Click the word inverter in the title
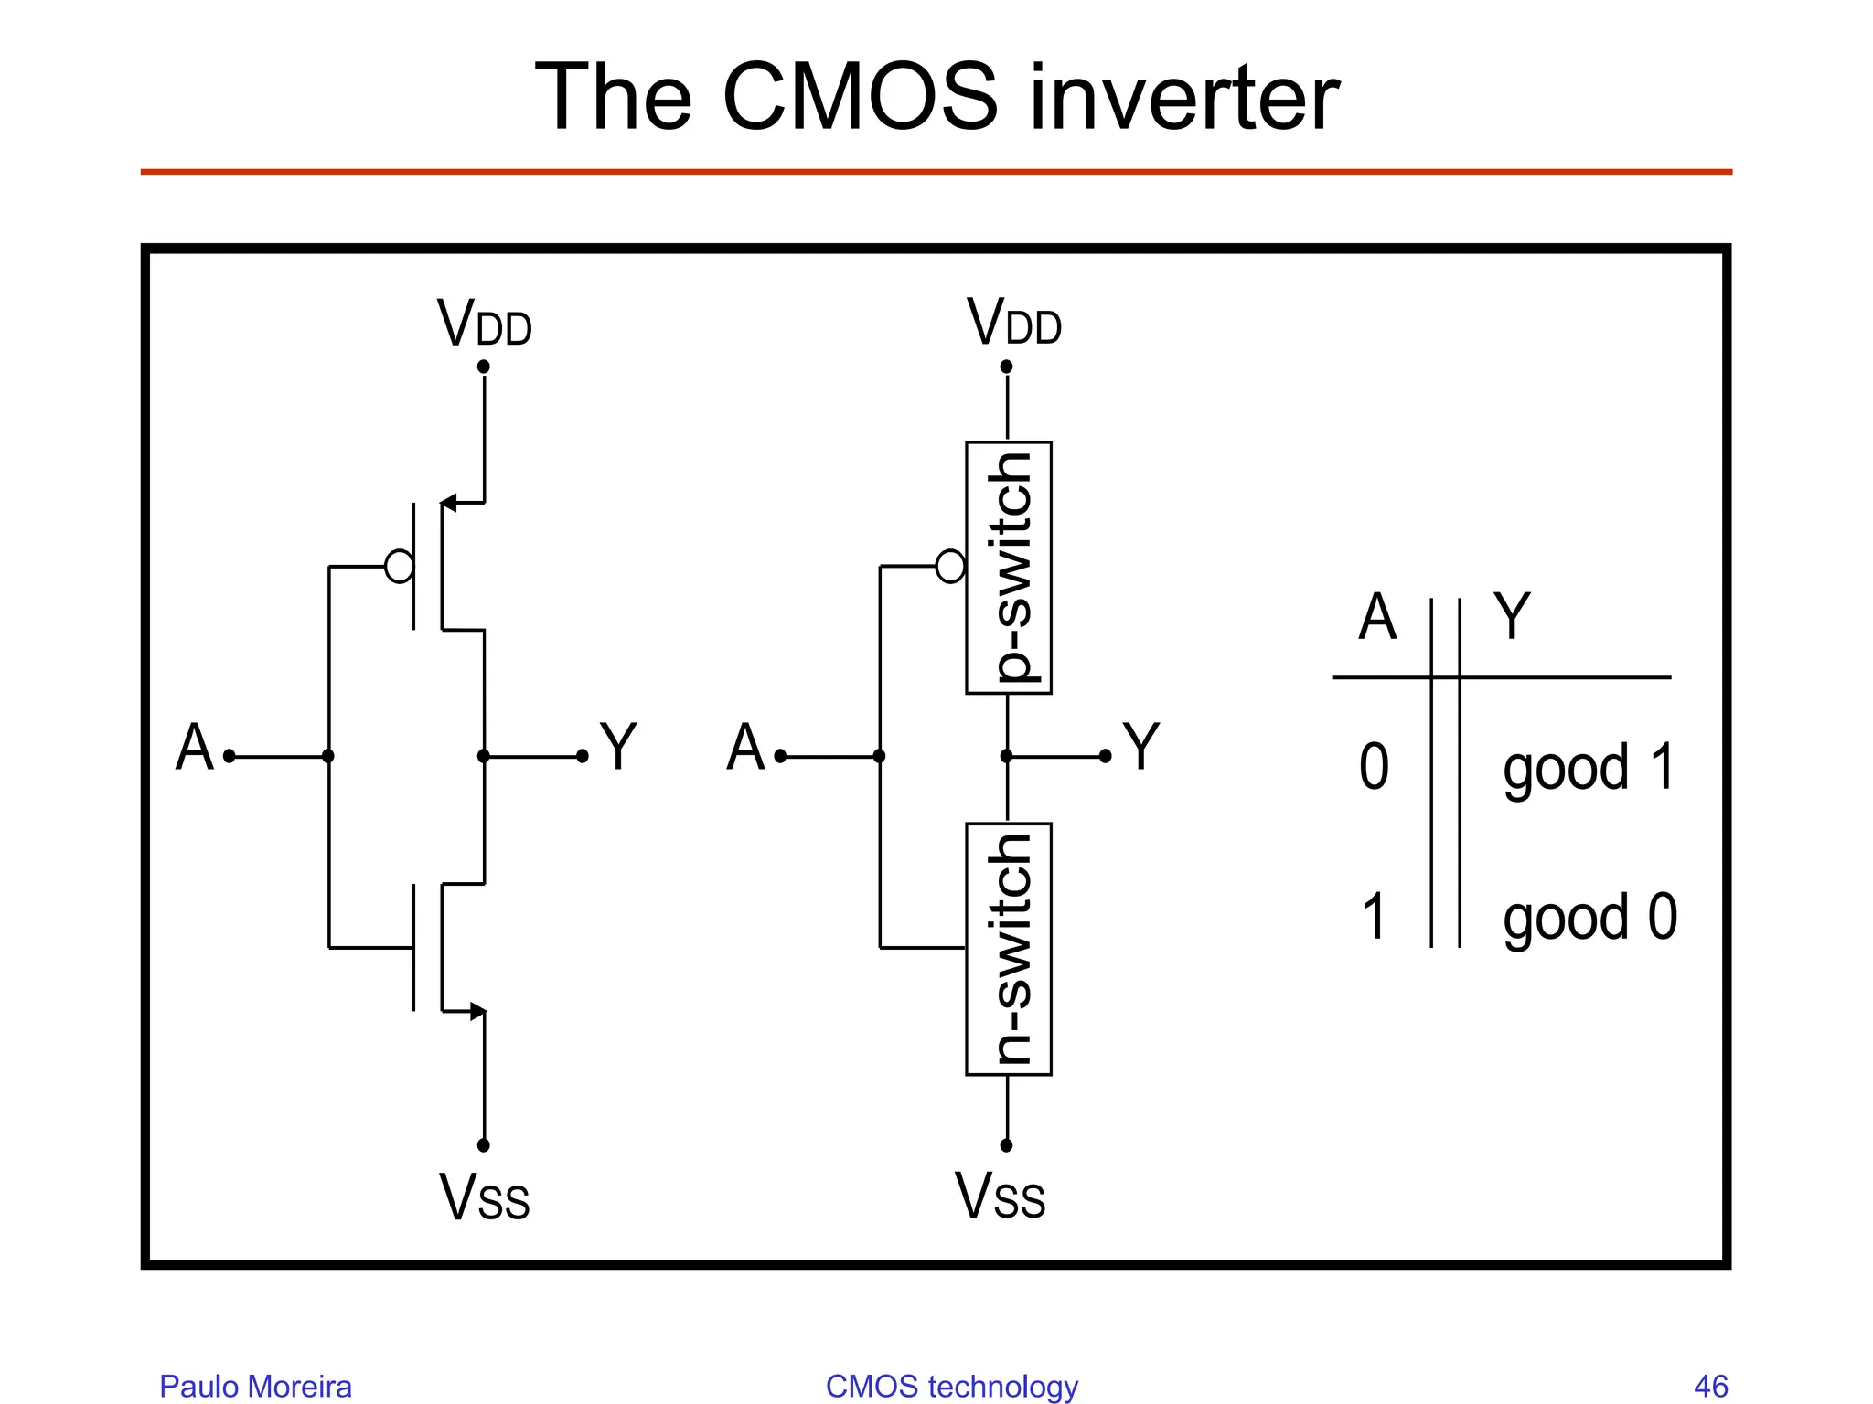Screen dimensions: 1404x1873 [x=1183, y=98]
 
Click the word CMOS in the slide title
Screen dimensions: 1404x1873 [x=860, y=98]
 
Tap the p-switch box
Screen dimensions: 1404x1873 [x=1008, y=568]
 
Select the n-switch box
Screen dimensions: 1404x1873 [x=1008, y=949]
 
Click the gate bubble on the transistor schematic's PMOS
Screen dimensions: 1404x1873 [x=400, y=566]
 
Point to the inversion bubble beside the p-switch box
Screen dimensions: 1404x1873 [x=950, y=566]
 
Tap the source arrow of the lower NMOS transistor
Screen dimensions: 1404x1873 [x=476, y=1011]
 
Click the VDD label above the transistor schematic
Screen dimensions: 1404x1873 [x=484, y=324]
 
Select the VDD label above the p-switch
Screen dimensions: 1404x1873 [x=1013, y=324]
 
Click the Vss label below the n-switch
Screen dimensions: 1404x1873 [x=1000, y=1197]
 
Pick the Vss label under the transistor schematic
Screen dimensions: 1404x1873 [x=484, y=1197]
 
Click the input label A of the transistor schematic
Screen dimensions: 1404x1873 [x=195, y=748]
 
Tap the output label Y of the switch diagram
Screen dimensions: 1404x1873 [x=1140, y=748]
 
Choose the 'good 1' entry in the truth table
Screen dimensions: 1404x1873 [x=1589, y=768]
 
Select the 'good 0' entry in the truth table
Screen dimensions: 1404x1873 [x=1589, y=918]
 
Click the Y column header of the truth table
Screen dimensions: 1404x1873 [x=1511, y=617]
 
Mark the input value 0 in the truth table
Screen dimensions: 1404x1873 [x=1374, y=767]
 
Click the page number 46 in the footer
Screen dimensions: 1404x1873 [x=1710, y=1386]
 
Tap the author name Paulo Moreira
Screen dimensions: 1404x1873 [x=255, y=1386]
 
